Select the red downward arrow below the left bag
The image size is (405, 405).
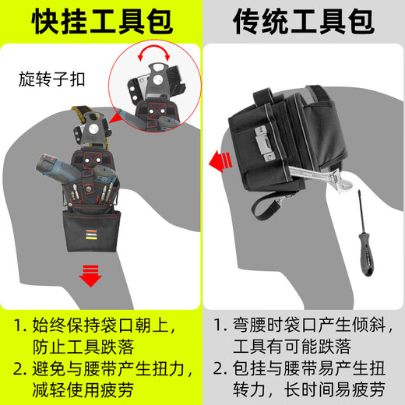tap(93, 275)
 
